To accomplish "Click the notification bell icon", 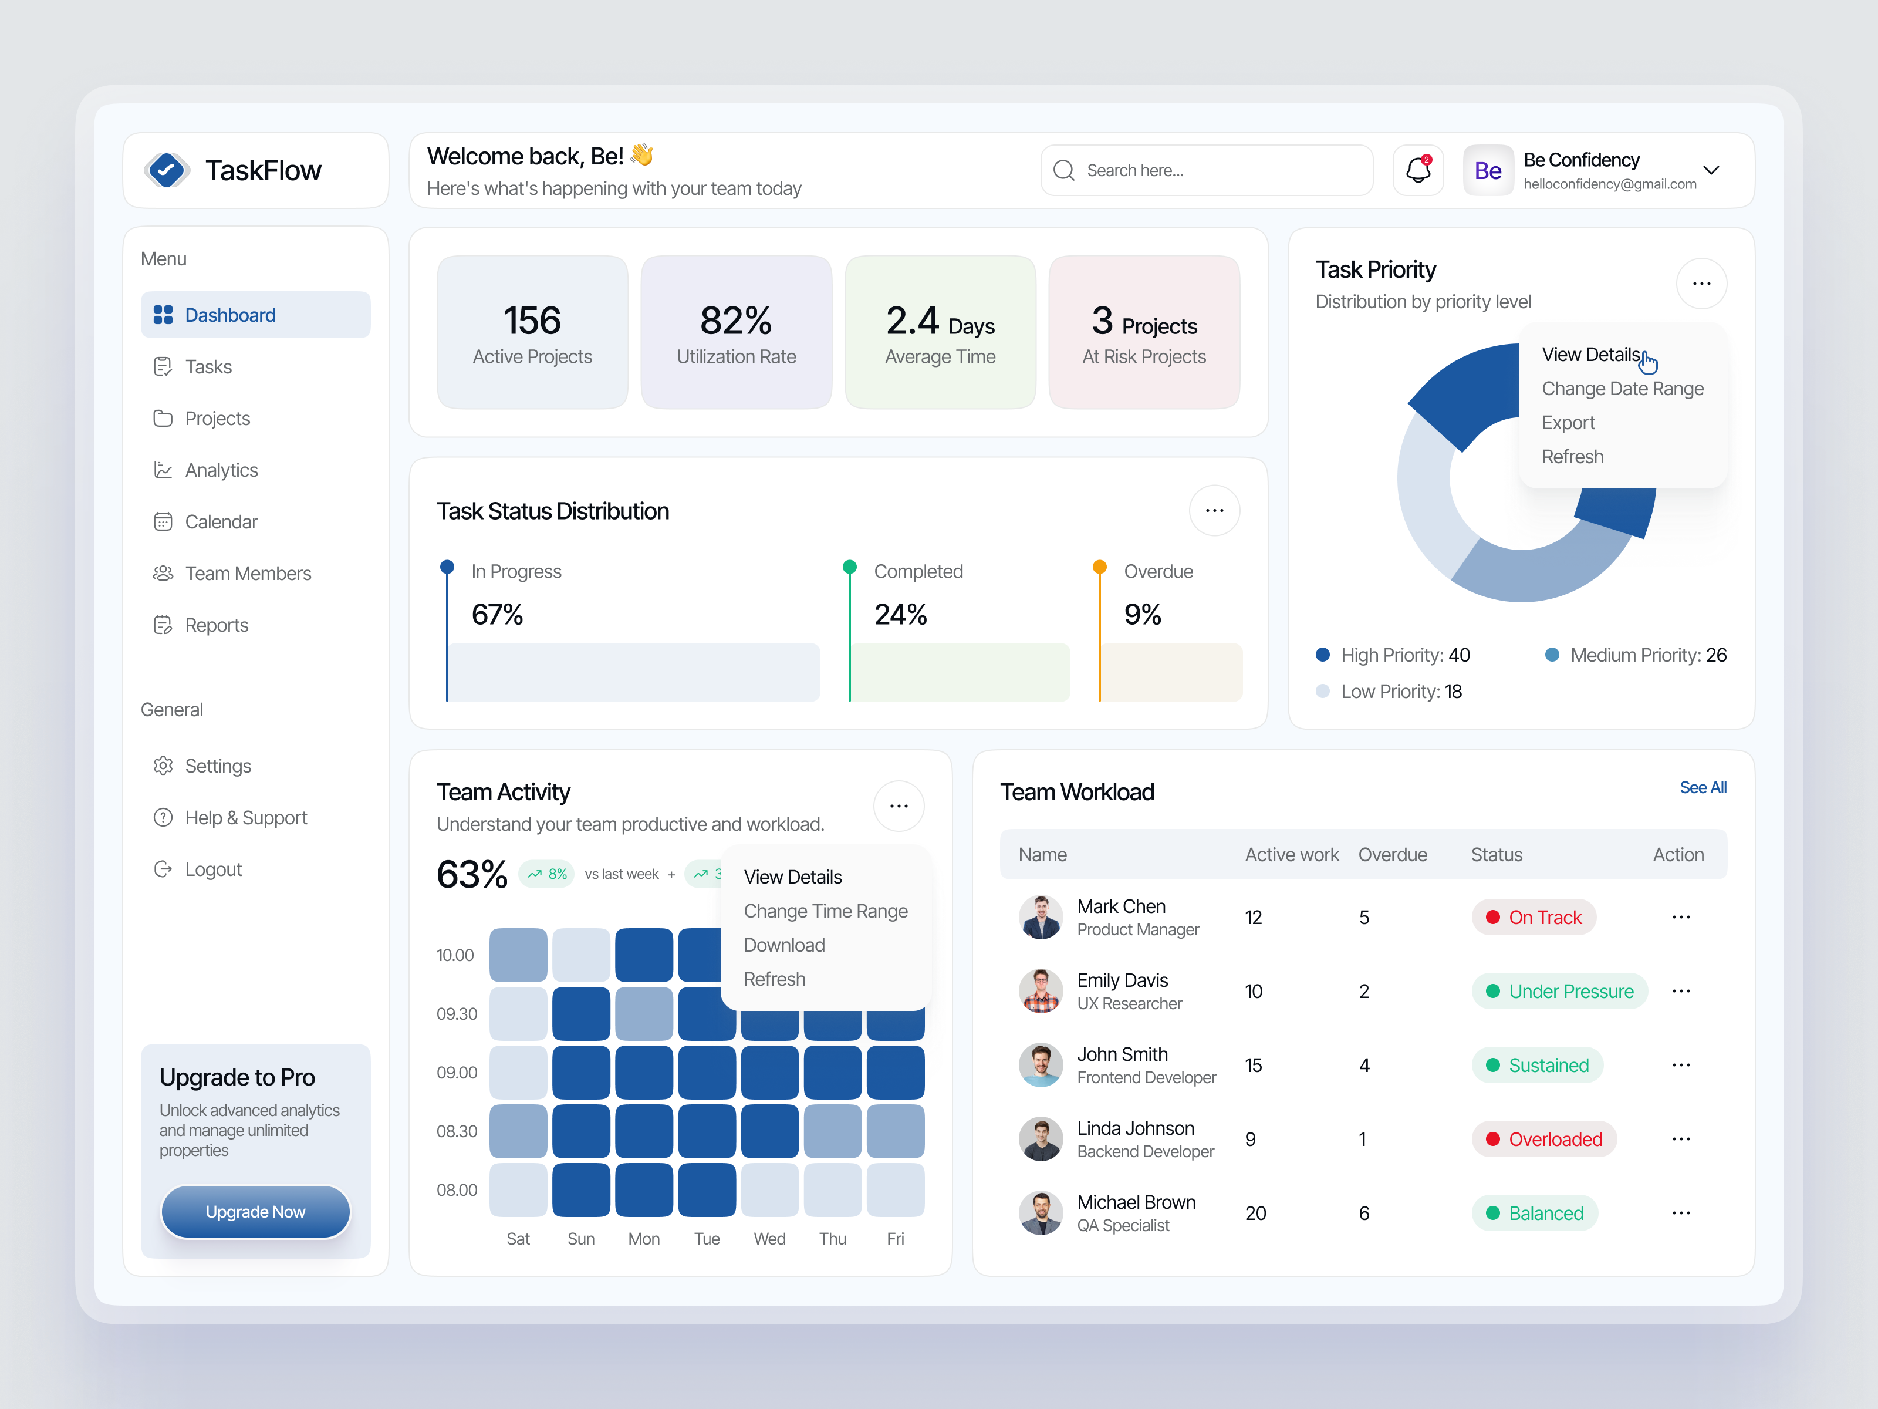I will click(x=1418, y=170).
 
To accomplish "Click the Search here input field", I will click(x=1205, y=170).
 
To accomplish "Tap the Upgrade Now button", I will click(x=255, y=1211).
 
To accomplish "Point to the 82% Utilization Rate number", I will click(x=735, y=320).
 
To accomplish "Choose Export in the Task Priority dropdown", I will click(x=1568, y=422).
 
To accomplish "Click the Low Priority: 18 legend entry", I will click(x=1400, y=692).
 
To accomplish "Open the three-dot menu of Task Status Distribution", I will click(x=1214, y=510).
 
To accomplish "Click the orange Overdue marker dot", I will click(x=1099, y=567).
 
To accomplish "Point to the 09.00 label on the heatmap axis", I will click(x=457, y=1072).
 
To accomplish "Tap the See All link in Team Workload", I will click(x=1703, y=787).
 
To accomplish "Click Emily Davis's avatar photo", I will click(x=1040, y=990).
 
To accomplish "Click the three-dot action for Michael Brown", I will click(x=1680, y=1213).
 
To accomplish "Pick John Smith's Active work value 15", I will click(x=1253, y=1065).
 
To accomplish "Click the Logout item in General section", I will click(x=213, y=869).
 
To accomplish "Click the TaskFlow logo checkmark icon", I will click(x=167, y=170).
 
